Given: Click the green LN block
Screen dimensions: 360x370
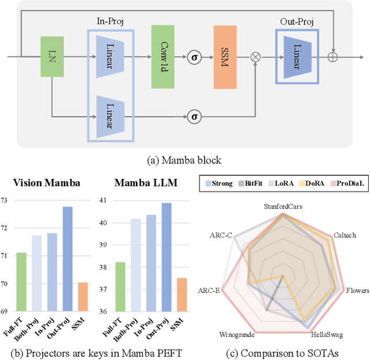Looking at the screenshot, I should (52, 57).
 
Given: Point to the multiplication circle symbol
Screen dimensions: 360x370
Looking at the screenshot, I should (256, 57).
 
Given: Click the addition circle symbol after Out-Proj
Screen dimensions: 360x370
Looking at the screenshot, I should (332, 57).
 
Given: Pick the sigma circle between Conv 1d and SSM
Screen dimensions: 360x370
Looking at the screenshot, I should (195, 57).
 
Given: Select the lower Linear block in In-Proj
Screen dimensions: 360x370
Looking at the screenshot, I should (110, 116).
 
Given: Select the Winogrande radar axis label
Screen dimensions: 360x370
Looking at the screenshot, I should (236, 334).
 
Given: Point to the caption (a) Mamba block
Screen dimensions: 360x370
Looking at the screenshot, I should (184, 160).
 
